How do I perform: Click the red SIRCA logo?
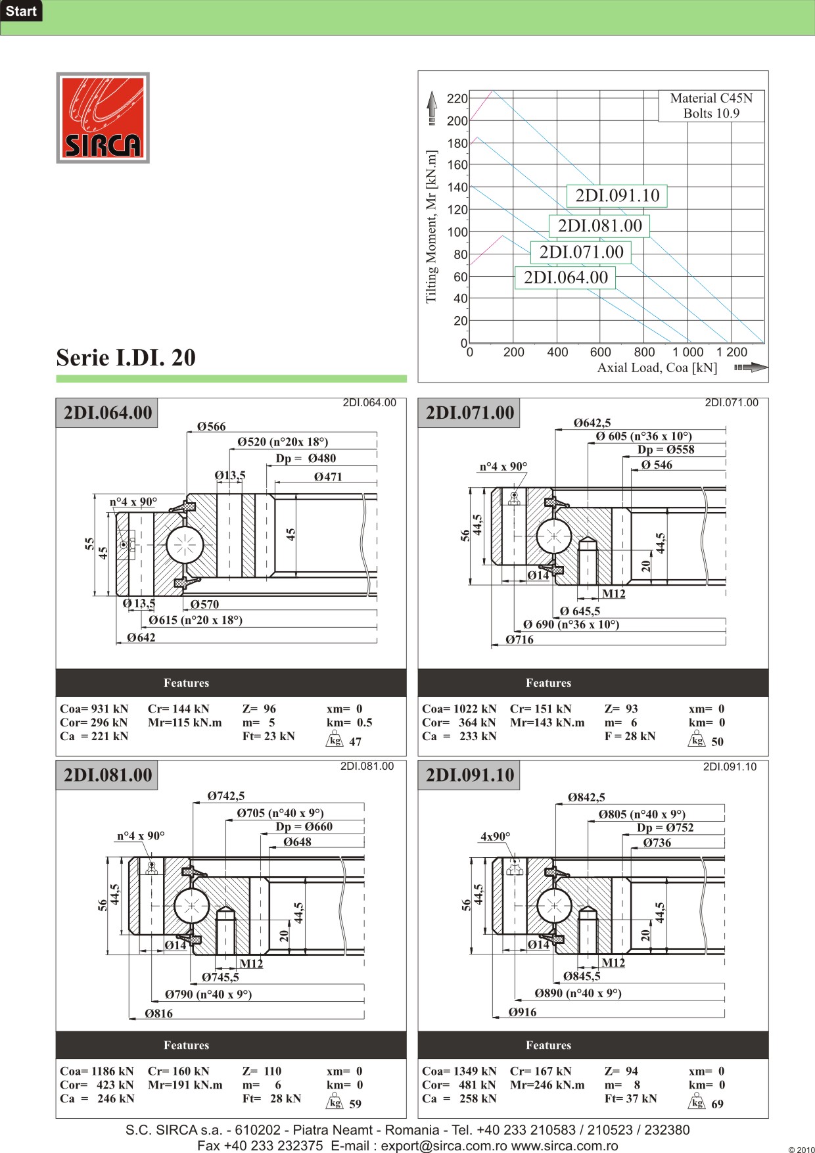(x=103, y=118)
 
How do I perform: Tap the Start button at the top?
(x=21, y=11)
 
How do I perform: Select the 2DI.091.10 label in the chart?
(x=617, y=195)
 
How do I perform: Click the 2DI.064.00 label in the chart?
(x=565, y=277)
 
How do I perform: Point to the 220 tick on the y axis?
(x=457, y=99)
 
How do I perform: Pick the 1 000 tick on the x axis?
(x=687, y=352)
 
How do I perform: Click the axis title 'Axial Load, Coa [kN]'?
(x=657, y=368)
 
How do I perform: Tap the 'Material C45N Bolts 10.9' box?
(x=711, y=106)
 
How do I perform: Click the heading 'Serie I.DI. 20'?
(x=126, y=358)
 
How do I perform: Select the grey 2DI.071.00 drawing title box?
(x=469, y=413)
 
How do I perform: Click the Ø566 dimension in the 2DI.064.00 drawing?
(x=211, y=427)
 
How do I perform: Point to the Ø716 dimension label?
(x=519, y=640)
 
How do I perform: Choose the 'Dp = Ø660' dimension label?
(x=304, y=827)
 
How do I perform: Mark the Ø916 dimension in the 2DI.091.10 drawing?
(x=523, y=1012)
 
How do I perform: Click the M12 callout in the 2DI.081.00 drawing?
(x=251, y=964)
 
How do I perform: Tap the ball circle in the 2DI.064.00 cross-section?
(x=185, y=545)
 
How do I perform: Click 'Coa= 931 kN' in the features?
(x=94, y=709)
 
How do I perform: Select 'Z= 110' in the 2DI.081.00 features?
(x=262, y=1071)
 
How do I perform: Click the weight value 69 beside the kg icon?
(x=717, y=1104)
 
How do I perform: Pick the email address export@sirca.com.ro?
(x=444, y=1146)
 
